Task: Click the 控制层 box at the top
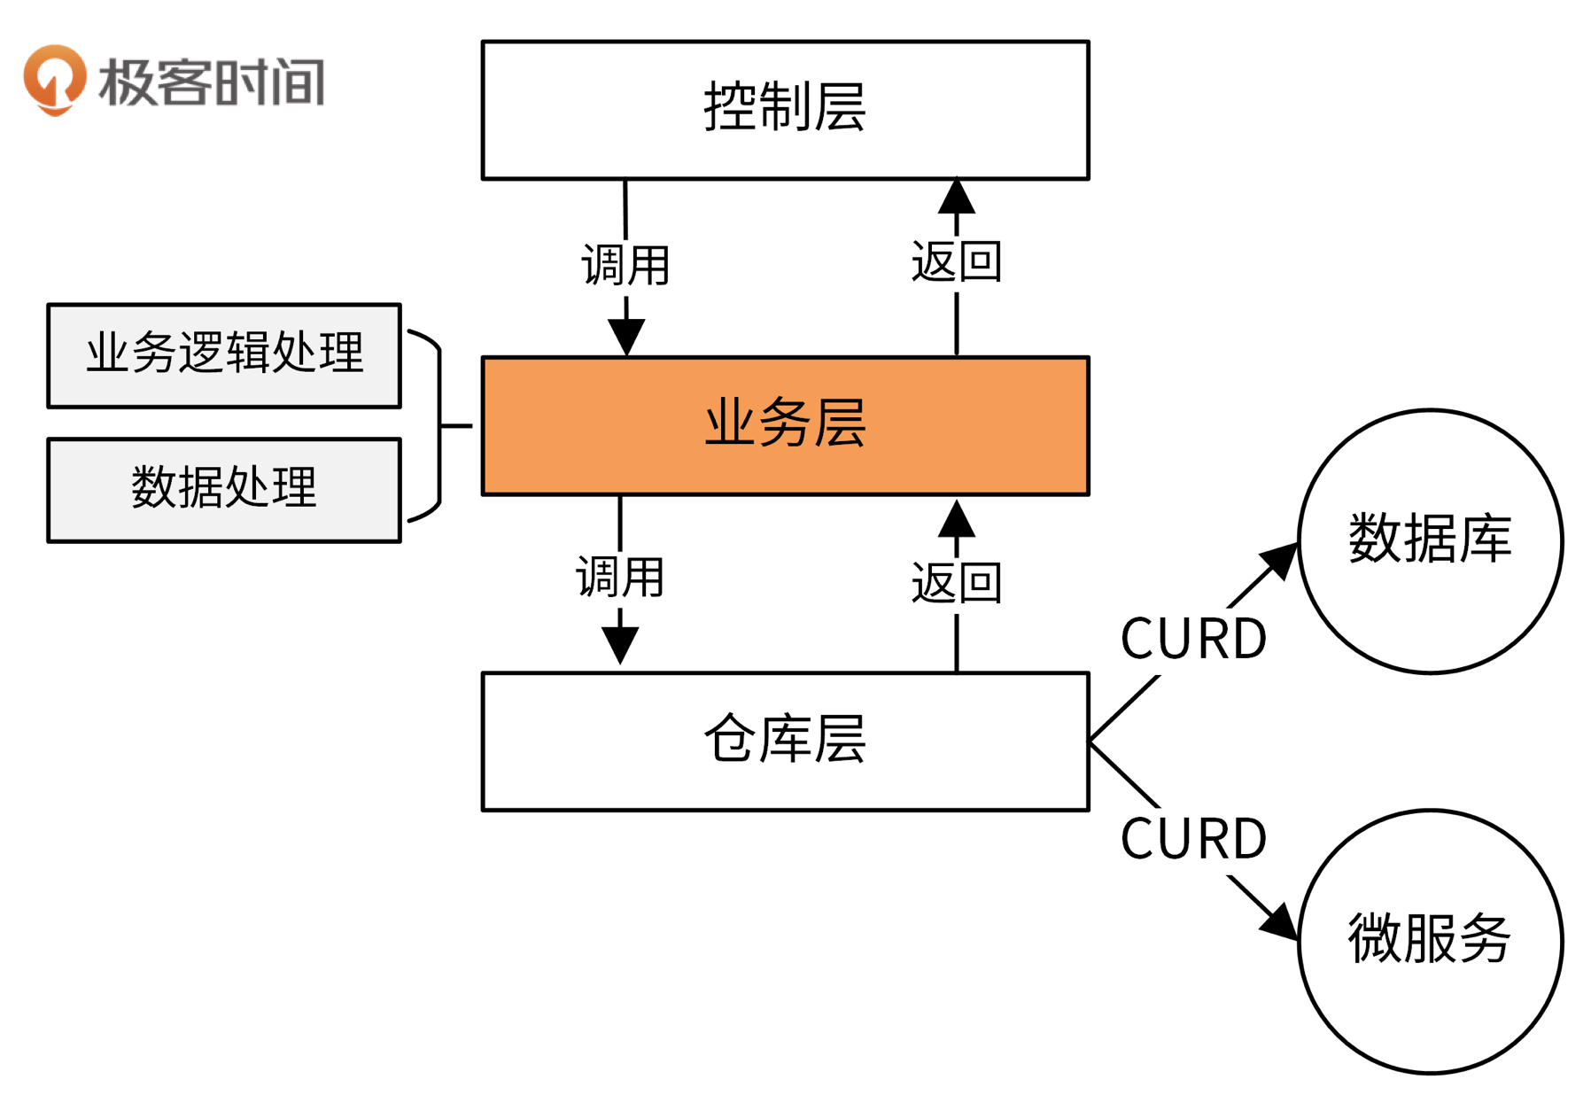pyautogui.click(x=785, y=110)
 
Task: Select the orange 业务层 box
pyautogui.click(x=785, y=425)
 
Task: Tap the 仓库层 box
pyautogui.click(x=785, y=741)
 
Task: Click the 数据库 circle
pyautogui.click(x=1430, y=540)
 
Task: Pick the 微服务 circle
pyautogui.click(x=1430, y=941)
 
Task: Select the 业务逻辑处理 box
pyautogui.click(x=224, y=355)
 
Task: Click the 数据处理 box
pyautogui.click(x=224, y=489)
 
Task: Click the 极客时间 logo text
pyautogui.click(x=213, y=82)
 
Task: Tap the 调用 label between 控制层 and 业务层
pyautogui.click(x=625, y=265)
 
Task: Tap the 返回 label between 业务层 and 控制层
pyautogui.click(x=957, y=262)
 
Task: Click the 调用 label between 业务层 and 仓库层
pyautogui.click(x=620, y=578)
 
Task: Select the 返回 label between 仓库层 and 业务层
pyautogui.click(x=957, y=583)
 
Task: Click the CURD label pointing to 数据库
pyautogui.click(x=1193, y=639)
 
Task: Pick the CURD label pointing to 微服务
pyautogui.click(x=1193, y=839)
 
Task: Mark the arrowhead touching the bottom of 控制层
pyautogui.click(x=957, y=198)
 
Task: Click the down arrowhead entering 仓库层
pyautogui.click(x=620, y=644)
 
